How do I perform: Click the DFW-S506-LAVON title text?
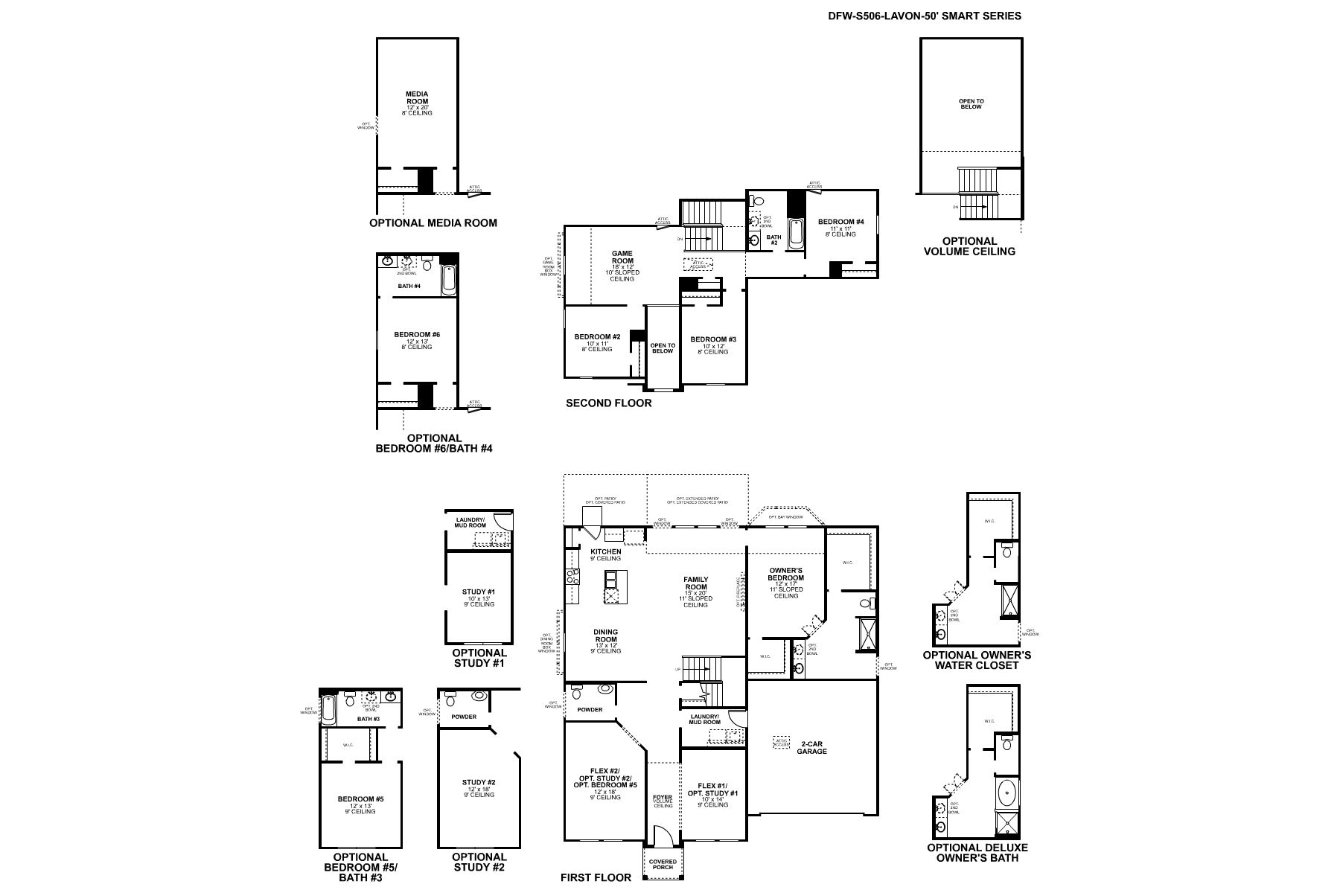click(925, 16)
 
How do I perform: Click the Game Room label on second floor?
click(622, 257)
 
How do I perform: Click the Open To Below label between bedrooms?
click(663, 348)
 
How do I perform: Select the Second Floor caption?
click(608, 403)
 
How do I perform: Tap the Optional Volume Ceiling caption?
click(969, 246)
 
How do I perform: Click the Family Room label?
click(696, 583)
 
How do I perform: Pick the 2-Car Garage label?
click(814, 747)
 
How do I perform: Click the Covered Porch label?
click(663, 865)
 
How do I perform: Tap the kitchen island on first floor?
click(616, 587)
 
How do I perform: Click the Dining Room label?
click(605, 636)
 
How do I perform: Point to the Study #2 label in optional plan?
click(479, 785)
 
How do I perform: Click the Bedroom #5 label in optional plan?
click(360, 802)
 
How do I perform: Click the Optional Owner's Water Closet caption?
click(977, 660)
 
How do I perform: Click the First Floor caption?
click(596, 877)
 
